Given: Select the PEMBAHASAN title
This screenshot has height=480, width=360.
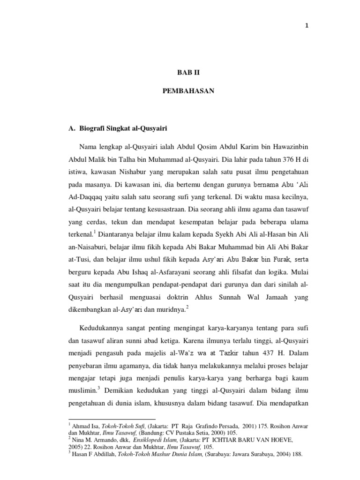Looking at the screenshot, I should click(185, 91).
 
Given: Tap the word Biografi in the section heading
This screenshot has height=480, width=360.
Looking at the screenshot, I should click(93, 128).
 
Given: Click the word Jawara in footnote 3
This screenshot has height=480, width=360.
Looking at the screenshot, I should click(221, 454).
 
